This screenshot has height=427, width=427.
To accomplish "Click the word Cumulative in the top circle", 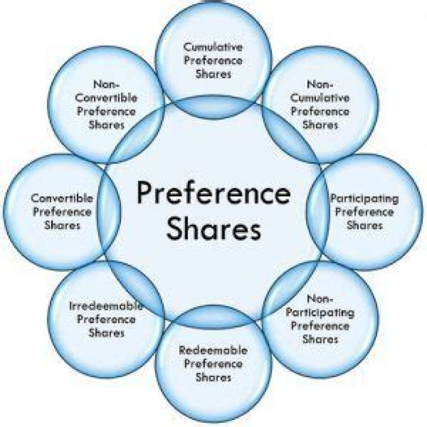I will point(213,47).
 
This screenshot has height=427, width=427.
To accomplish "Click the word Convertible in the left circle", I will point(62,198).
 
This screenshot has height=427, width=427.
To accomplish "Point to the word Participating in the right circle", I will point(364,198).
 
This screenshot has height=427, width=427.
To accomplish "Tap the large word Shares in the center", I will point(213,229).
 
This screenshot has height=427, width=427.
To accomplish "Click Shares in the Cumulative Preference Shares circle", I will point(213,74).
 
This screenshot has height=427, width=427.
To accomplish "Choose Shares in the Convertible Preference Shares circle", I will point(62,225).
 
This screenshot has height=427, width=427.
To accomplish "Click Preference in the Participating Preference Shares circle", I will point(364,212).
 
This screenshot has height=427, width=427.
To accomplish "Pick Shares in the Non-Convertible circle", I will point(107,125).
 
